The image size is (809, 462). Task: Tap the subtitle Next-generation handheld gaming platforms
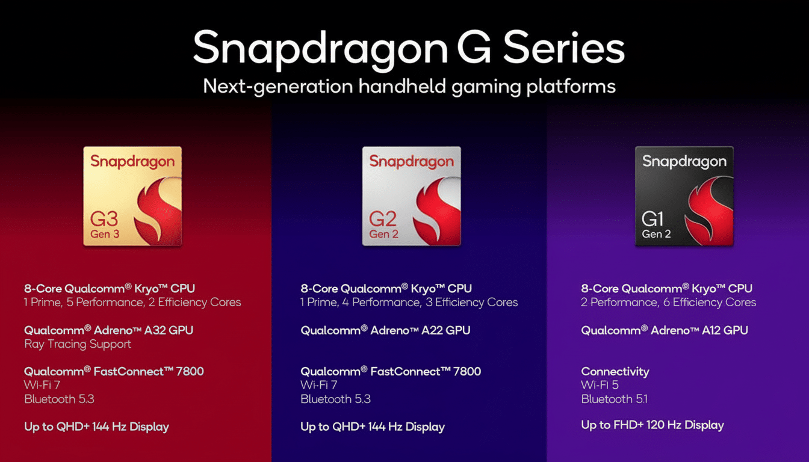[x=409, y=86]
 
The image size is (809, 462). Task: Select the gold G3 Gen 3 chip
[x=132, y=196]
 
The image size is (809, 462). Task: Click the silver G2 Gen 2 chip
[x=411, y=196]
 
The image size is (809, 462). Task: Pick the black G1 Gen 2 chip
[x=684, y=196]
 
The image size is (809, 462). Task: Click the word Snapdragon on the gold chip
[x=132, y=161]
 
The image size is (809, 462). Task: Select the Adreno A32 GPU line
[x=108, y=330]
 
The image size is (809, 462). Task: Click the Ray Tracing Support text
[x=78, y=344]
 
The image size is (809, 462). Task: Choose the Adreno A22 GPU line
[x=385, y=330]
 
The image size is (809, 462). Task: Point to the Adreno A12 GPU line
[x=665, y=330]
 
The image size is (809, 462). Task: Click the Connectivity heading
[x=615, y=371]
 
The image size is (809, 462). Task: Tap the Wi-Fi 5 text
[x=600, y=385]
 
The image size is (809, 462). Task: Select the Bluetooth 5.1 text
[x=614, y=399]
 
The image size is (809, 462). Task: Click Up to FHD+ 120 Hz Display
[x=652, y=425]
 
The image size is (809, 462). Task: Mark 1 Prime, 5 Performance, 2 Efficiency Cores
[x=132, y=302]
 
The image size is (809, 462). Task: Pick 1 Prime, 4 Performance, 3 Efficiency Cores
[x=409, y=302]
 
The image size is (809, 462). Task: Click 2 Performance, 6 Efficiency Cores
[x=668, y=302]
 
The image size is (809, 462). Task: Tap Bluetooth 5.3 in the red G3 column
[x=59, y=399]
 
